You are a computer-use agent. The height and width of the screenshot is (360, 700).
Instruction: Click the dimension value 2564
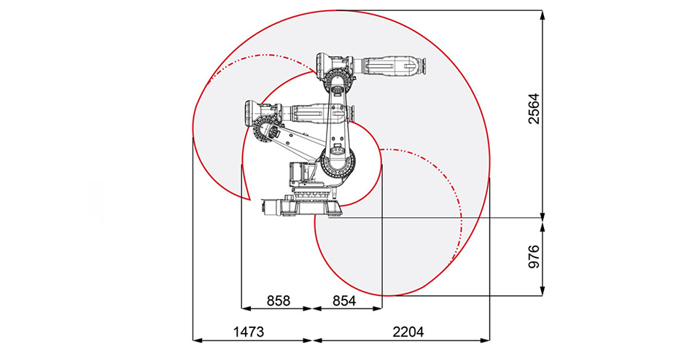click(x=534, y=109)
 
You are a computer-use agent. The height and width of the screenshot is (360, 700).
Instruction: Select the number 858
click(x=278, y=300)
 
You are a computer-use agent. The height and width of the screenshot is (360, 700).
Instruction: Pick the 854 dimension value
click(x=346, y=300)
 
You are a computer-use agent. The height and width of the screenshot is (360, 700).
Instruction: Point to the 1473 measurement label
click(x=248, y=332)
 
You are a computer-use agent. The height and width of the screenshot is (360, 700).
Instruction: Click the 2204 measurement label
click(x=408, y=332)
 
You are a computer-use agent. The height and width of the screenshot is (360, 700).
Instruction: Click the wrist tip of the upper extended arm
click(x=420, y=66)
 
